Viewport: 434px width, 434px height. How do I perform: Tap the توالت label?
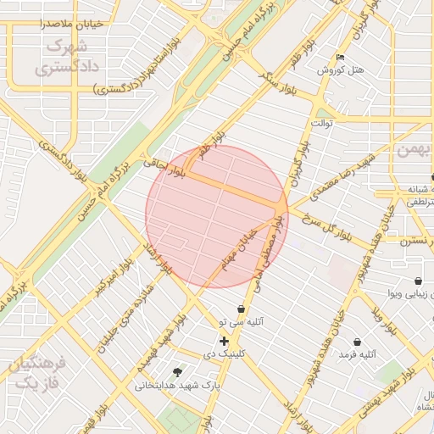pos(322,124)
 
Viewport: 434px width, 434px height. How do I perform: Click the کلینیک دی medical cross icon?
pos(224,341)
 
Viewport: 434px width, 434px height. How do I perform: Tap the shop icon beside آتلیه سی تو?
pos(242,309)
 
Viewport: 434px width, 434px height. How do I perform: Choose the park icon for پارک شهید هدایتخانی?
pos(177,372)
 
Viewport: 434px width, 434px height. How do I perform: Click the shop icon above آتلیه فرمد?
pos(357,342)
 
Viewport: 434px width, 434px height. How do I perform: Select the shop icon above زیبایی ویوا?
pos(417,281)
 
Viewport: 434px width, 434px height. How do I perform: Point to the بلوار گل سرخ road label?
pos(343,231)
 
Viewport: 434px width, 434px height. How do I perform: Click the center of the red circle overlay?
pos(217,216)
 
